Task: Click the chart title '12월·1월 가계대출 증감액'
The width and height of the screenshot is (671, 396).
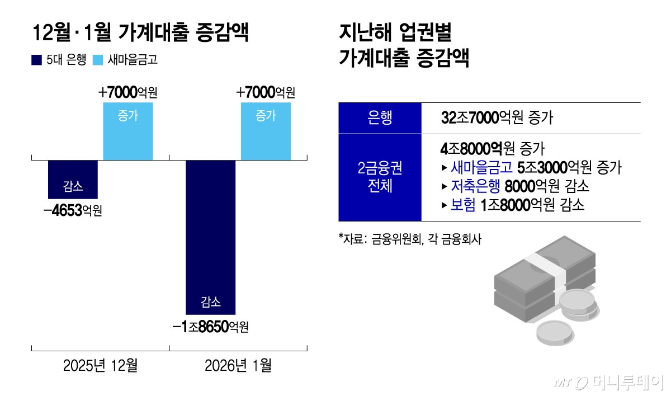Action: click(x=140, y=33)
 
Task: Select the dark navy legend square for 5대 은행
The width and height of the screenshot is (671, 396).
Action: click(x=37, y=60)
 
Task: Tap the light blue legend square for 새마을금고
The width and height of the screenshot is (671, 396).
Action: click(x=96, y=60)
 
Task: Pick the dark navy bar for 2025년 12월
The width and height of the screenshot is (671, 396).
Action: click(x=73, y=179)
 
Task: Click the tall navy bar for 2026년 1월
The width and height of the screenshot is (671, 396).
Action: click(x=210, y=237)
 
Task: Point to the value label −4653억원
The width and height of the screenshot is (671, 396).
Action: click(x=73, y=211)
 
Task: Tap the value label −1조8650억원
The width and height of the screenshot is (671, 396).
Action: click(x=210, y=327)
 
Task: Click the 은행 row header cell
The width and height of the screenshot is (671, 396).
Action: click(x=380, y=118)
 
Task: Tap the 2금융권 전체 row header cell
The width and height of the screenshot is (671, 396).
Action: click(x=380, y=177)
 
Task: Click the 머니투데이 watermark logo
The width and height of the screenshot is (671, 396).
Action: click(x=609, y=383)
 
